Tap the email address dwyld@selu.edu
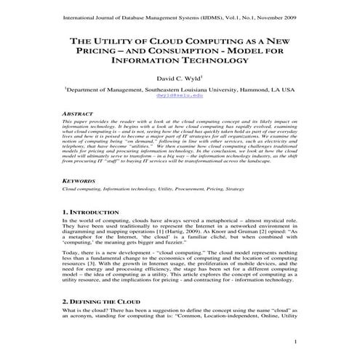click(x=179, y=95)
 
